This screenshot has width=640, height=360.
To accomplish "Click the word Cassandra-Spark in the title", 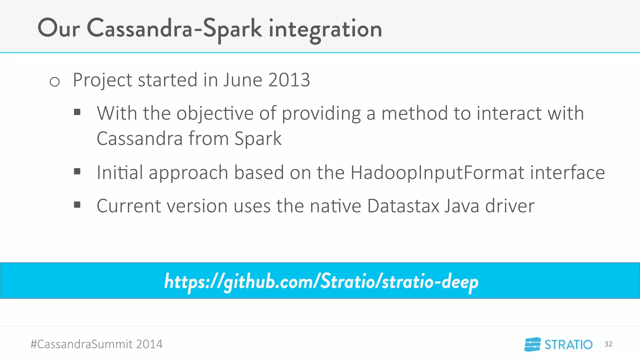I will coord(174,29).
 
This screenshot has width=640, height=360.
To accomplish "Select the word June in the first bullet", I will coord(242,80).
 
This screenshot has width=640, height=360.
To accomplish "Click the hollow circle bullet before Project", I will coord(55,82).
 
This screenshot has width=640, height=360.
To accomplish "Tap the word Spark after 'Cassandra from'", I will coord(258,139).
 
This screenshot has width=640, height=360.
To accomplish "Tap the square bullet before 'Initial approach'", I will coord(77,171).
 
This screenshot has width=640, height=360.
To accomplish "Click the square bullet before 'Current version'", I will coord(77,205).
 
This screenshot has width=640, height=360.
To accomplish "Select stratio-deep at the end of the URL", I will coord(430,281).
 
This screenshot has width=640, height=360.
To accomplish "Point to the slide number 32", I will coord(608,344).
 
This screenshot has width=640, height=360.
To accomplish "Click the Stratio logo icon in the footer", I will coord(532,344).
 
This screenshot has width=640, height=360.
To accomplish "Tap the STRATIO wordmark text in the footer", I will coord(568,345).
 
